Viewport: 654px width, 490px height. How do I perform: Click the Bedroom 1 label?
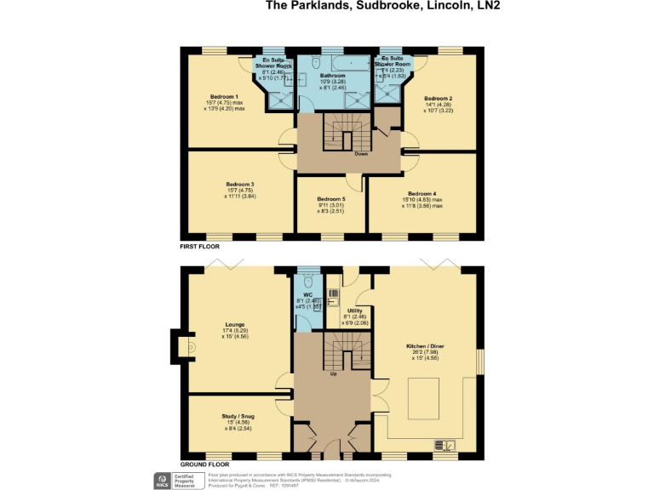pos(225,97)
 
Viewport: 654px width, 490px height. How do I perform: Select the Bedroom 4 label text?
pos(422,193)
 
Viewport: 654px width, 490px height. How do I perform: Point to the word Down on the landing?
pos(348,155)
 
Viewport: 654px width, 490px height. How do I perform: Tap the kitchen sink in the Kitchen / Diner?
pos(445,445)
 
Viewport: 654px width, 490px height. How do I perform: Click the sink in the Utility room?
pos(334,298)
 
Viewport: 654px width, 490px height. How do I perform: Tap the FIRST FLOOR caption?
pos(199,246)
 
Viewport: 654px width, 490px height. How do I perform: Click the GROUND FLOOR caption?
pos(204,464)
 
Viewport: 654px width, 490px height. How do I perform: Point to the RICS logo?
pos(161,480)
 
